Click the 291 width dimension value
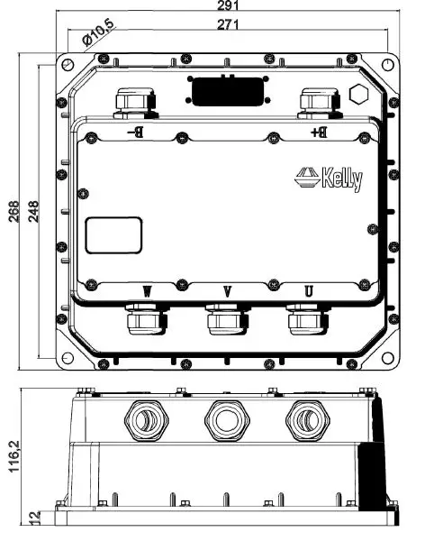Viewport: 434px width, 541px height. click(226, 6)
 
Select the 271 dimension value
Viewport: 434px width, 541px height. click(227, 24)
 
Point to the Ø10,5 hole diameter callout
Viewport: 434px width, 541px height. click(96, 34)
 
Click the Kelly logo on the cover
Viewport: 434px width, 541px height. click(329, 178)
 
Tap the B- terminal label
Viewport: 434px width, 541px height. click(136, 133)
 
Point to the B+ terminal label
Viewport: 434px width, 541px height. click(318, 133)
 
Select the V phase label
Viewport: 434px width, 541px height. click(227, 291)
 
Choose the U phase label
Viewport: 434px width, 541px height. click(308, 291)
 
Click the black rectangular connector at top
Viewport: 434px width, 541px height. click(225, 91)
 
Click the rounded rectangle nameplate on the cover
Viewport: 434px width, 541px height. click(113, 236)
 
